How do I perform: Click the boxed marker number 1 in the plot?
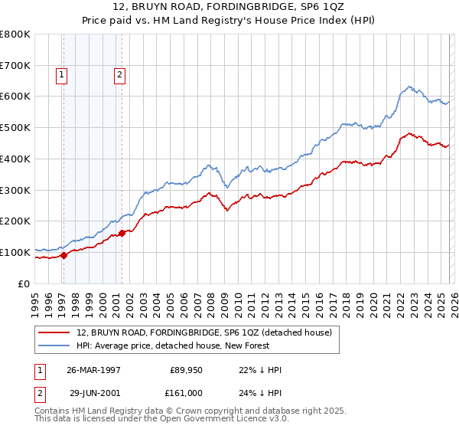click(62, 75)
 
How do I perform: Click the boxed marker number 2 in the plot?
click(120, 75)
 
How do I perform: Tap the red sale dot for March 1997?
click(64, 256)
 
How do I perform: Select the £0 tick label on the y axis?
click(24, 283)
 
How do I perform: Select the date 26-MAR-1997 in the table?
click(95, 370)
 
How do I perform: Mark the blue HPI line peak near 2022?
click(410, 87)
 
